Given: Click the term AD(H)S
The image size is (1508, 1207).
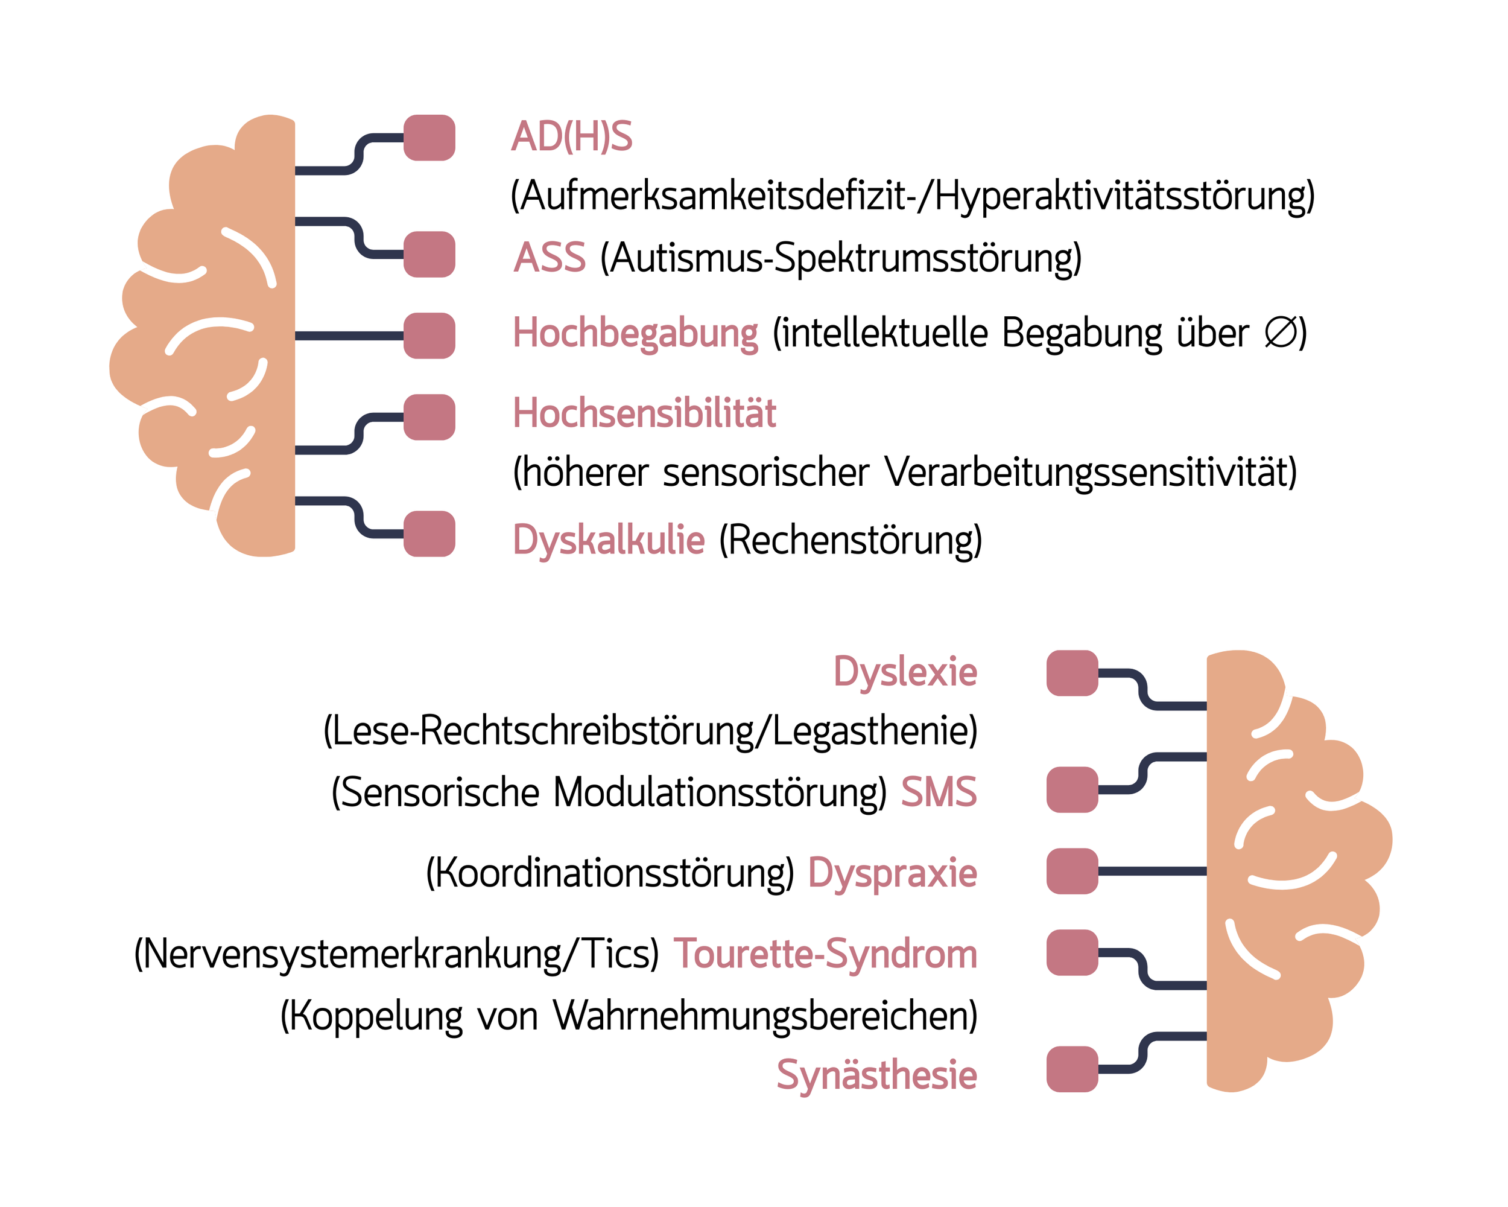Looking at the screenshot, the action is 571,136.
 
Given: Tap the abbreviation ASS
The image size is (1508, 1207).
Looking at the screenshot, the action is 549,258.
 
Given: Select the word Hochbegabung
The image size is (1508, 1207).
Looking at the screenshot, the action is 635,333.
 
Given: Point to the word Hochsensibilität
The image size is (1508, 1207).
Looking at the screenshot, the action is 644,413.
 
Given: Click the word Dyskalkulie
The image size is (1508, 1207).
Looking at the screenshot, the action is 609,540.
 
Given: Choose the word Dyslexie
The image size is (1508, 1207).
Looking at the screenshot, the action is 905,672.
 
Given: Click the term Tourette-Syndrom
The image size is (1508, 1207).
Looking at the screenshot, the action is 825,954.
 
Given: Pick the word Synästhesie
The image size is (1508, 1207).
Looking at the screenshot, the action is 876,1075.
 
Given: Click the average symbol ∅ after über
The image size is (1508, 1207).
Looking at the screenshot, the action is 1279,333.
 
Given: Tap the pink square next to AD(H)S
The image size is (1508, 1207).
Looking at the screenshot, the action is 429,138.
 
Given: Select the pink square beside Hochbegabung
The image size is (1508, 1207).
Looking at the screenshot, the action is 429,336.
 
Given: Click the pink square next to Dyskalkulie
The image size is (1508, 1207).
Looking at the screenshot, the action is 429,534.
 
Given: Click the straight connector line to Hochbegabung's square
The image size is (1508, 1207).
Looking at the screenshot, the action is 349,336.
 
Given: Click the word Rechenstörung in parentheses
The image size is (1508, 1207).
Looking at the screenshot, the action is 851,541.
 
